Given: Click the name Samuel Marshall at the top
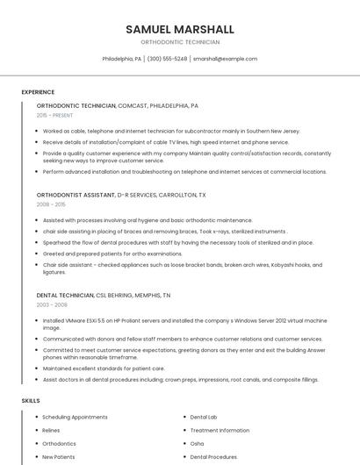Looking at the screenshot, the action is (x=180, y=29).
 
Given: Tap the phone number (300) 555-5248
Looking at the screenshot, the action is (x=167, y=59).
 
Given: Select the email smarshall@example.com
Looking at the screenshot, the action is (x=225, y=59).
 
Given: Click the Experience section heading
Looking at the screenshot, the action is (x=38, y=92).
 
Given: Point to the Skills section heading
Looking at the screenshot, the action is (x=31, y=400).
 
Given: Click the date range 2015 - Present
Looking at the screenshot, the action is (x=54, y=115).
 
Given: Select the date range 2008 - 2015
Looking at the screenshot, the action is (x=51, y=204).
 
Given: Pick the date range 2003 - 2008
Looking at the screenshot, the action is (x=52, y=304).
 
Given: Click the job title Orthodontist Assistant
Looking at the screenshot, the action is (x=76, y=195).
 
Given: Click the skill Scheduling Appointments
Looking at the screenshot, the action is (x=75, y=418).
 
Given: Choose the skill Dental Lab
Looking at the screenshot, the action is (x=204, y=418).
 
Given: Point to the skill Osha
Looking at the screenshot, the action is (x=198, y=444).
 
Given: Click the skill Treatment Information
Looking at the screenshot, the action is (x=220, y=431).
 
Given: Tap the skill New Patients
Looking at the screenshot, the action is (x=60, y=457).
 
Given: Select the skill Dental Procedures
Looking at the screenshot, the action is (x=213, y=457).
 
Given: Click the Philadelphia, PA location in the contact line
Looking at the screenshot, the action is (x=121, y=59).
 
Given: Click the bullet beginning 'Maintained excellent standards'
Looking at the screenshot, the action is (x=104, y=368).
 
